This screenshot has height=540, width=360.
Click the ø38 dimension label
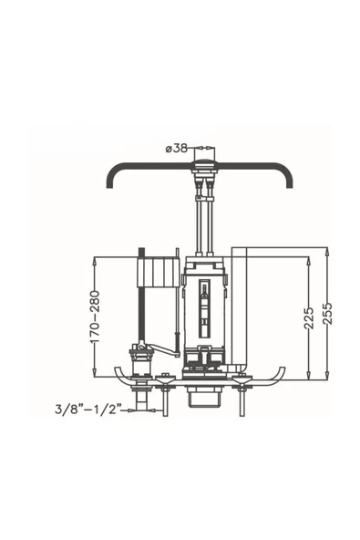click(177, 149)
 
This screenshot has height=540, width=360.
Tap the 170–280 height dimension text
click(94, 317)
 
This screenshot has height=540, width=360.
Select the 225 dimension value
click(309, 317)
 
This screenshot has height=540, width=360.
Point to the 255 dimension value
click(328, 313)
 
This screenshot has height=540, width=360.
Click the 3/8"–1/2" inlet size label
click(88, 410)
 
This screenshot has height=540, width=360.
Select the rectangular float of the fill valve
click(159, 272)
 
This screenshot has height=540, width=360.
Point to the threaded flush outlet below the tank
click(204, 397)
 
